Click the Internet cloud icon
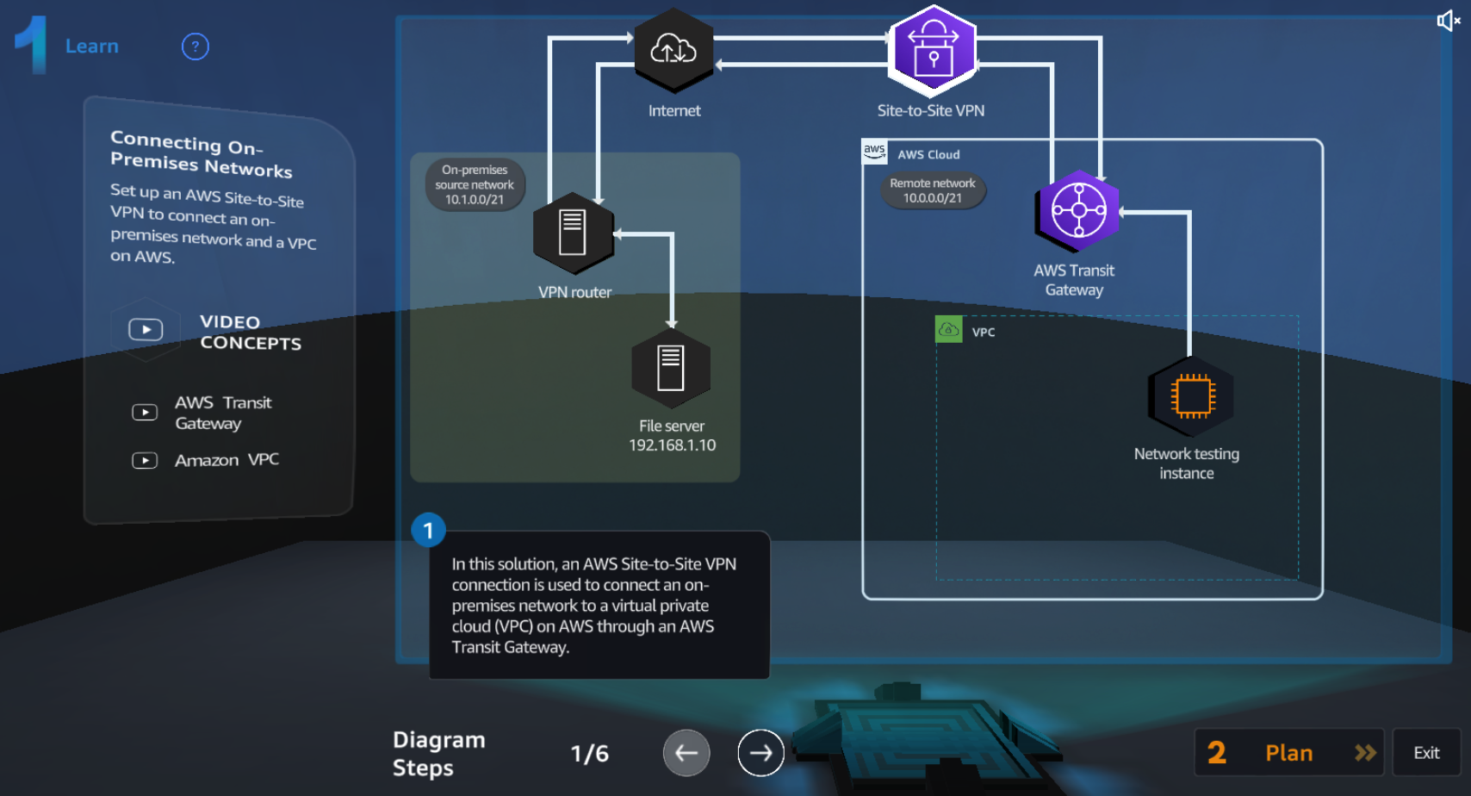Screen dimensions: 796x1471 [673, 49]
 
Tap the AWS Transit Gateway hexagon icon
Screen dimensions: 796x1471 [1078, 211]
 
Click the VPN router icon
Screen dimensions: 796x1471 [573, 233]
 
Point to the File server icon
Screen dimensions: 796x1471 [671, 368]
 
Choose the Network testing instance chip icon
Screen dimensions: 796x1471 [1192, 396]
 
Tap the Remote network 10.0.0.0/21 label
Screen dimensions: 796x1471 [932, 190]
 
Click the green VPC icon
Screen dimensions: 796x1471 [948, 329]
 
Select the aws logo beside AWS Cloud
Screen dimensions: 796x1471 [874, 151]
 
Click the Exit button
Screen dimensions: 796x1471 [1426, 753]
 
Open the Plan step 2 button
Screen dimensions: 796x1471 [1288, 753]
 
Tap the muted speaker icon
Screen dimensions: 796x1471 [1448, 21]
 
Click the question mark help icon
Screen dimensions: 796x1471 [196, 47]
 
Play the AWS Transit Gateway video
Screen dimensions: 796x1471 [145, 413]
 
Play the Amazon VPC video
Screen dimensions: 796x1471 [145, 461]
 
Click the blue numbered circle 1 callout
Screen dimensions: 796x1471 [428, 531]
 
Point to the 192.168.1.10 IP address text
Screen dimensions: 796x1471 [672, 445]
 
